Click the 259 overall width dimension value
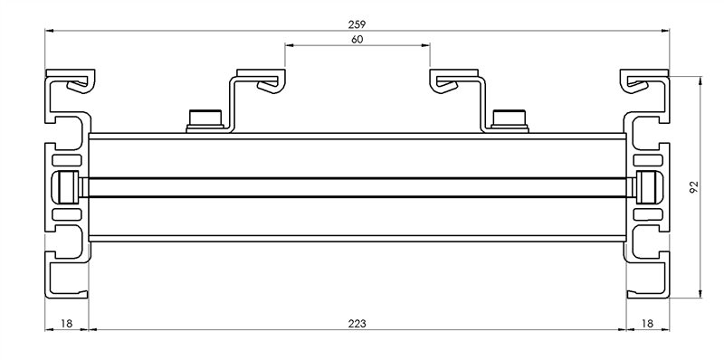coord(357,24)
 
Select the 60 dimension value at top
coord(357,40)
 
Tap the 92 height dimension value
coord(694,187)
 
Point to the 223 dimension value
coord(357,324)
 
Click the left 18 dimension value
coord(67,324)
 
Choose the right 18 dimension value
coord(648,324)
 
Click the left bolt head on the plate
coord(205,120)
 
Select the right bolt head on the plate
coord(510,120)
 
